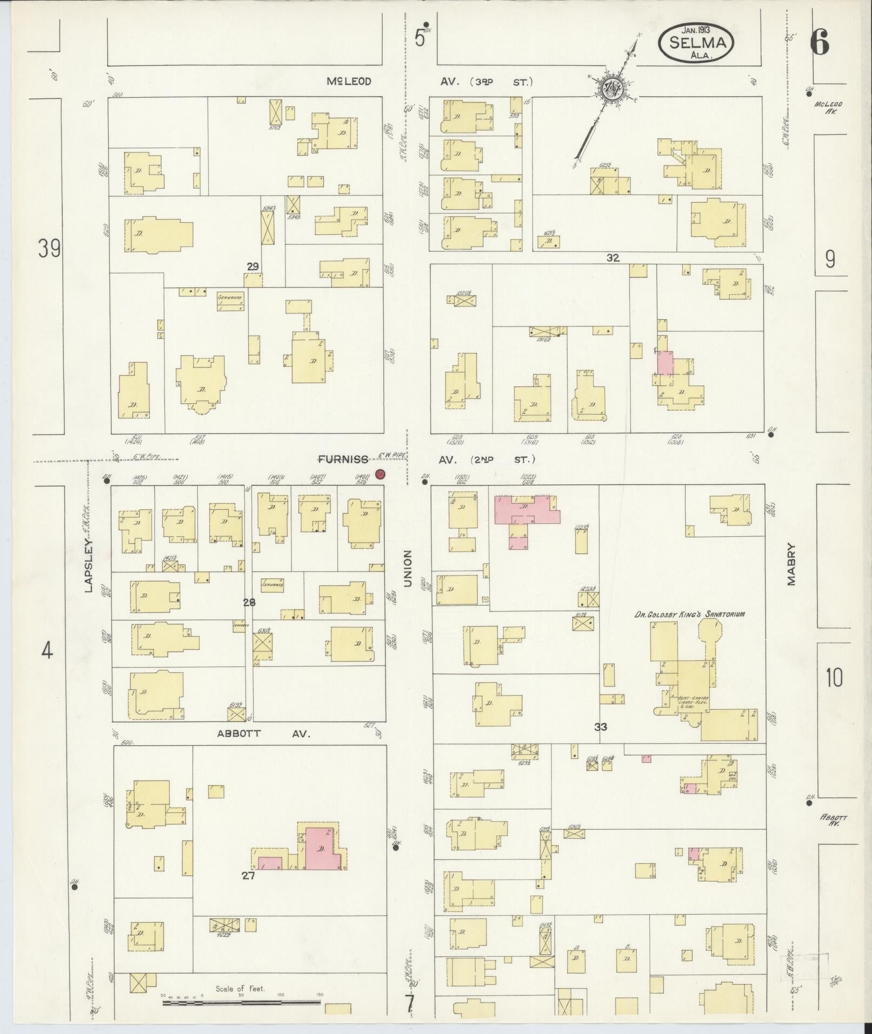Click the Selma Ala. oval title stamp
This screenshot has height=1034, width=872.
[x=696, y=43]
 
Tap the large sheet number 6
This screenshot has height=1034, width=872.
[x=820, y=43]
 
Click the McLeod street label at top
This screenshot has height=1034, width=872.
[x=349, y=82]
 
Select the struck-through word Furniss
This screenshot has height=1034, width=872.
[x=343, y=459]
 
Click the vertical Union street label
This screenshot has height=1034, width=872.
[x=408, y=569]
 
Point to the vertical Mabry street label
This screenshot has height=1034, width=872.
[x=792, y=564]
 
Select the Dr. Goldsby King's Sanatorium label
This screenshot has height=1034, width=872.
[x=690, y=614]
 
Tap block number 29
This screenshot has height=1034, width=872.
[x=252, y=266]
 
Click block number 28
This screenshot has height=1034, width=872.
[x=249, y=602]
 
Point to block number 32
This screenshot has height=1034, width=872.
[x=612, y=258]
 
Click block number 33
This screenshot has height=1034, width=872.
[x=601, y=727]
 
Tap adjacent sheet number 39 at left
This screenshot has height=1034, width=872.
[x=49, y=249]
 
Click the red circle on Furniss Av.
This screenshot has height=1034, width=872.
[x=380, y=475]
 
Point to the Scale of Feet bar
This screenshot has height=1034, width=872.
[x=242, y=1003]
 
